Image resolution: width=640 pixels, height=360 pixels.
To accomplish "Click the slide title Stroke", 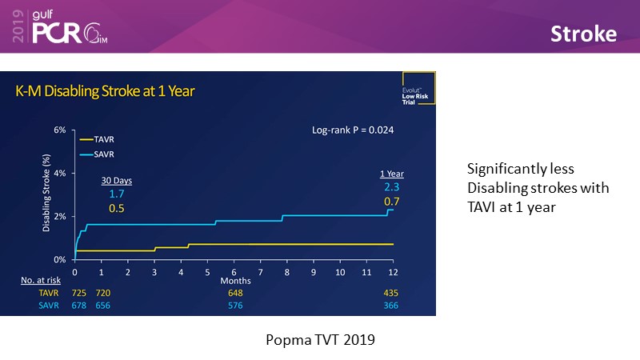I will [582, 34].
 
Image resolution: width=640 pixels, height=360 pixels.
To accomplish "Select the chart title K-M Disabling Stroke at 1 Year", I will [106, 91].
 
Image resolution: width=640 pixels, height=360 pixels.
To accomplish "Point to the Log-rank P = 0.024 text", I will [353, 130].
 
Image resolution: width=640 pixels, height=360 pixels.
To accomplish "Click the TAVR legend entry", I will [98, 138].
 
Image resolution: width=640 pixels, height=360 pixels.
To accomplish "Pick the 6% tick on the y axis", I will [59, 130].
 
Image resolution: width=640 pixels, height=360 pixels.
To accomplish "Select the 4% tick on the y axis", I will [59, 173].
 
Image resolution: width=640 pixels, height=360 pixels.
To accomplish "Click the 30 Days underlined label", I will [116, 181].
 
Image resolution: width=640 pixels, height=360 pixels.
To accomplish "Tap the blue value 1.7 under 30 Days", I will [116, 194].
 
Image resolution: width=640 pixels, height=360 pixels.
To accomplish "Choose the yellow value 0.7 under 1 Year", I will [391, 202].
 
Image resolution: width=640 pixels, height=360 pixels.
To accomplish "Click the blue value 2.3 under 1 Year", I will [391, 186].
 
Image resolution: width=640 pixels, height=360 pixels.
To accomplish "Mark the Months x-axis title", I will [236, 281].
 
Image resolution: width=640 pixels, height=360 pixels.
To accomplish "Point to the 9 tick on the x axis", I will [314, 273].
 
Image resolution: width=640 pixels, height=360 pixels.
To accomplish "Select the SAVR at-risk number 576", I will [234, 306].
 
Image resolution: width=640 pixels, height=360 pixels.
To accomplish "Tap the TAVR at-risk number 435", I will [390, 294].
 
